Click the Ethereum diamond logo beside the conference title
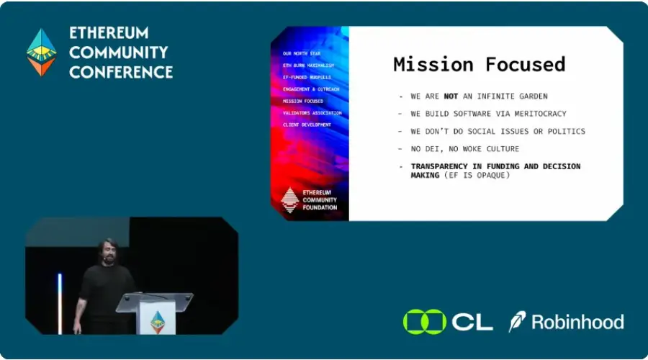(41, 52)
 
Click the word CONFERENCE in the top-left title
(121, 72)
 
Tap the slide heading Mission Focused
(479, 64)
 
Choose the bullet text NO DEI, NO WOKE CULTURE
(464, 148)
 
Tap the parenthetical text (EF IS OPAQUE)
(485, 175)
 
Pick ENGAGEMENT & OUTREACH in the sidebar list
(310, 89)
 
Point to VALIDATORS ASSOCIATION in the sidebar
(312, 113)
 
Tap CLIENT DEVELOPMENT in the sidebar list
(307, 125)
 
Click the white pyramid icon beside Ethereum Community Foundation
(289, 199)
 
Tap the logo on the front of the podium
(157, 322)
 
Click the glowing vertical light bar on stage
(60, 302)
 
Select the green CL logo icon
(425, 321)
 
